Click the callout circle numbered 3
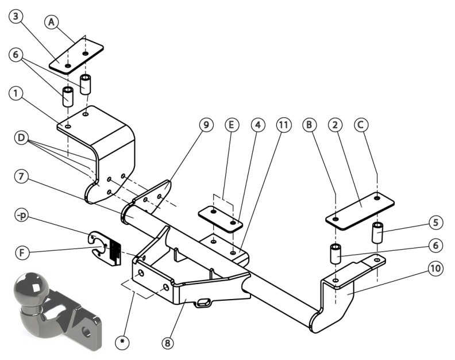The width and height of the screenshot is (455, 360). [x=16, y=16]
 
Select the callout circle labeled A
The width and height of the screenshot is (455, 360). [x=51, y=22]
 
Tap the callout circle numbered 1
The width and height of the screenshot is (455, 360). [x=16, y=94]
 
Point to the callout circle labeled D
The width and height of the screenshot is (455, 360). [x=21, y=137]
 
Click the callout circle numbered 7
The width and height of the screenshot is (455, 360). [x=21, y=177]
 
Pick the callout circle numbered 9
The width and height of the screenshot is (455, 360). [x=206, y=125]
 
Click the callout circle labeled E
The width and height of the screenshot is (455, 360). [x=232, y=125]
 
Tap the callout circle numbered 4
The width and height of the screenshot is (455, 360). [x=258, y=125]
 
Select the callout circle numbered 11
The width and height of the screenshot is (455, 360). [x=283, y=125]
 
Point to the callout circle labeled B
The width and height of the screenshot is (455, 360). [x=309, y=125]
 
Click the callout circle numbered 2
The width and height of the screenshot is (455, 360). [x=335, y=125]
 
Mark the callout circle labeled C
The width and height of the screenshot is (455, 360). [x=361, y=125]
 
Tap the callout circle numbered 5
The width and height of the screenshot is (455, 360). [x=435, y=223]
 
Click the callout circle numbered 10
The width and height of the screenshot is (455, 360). [x=435, y=268]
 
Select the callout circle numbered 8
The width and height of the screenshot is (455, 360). [x=167, y=343]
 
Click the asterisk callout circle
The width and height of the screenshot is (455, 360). [x=122, y=341]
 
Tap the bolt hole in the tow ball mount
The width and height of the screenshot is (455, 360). [x=87, y=331]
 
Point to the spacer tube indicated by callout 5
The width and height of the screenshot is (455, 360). [x=377, y=232]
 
